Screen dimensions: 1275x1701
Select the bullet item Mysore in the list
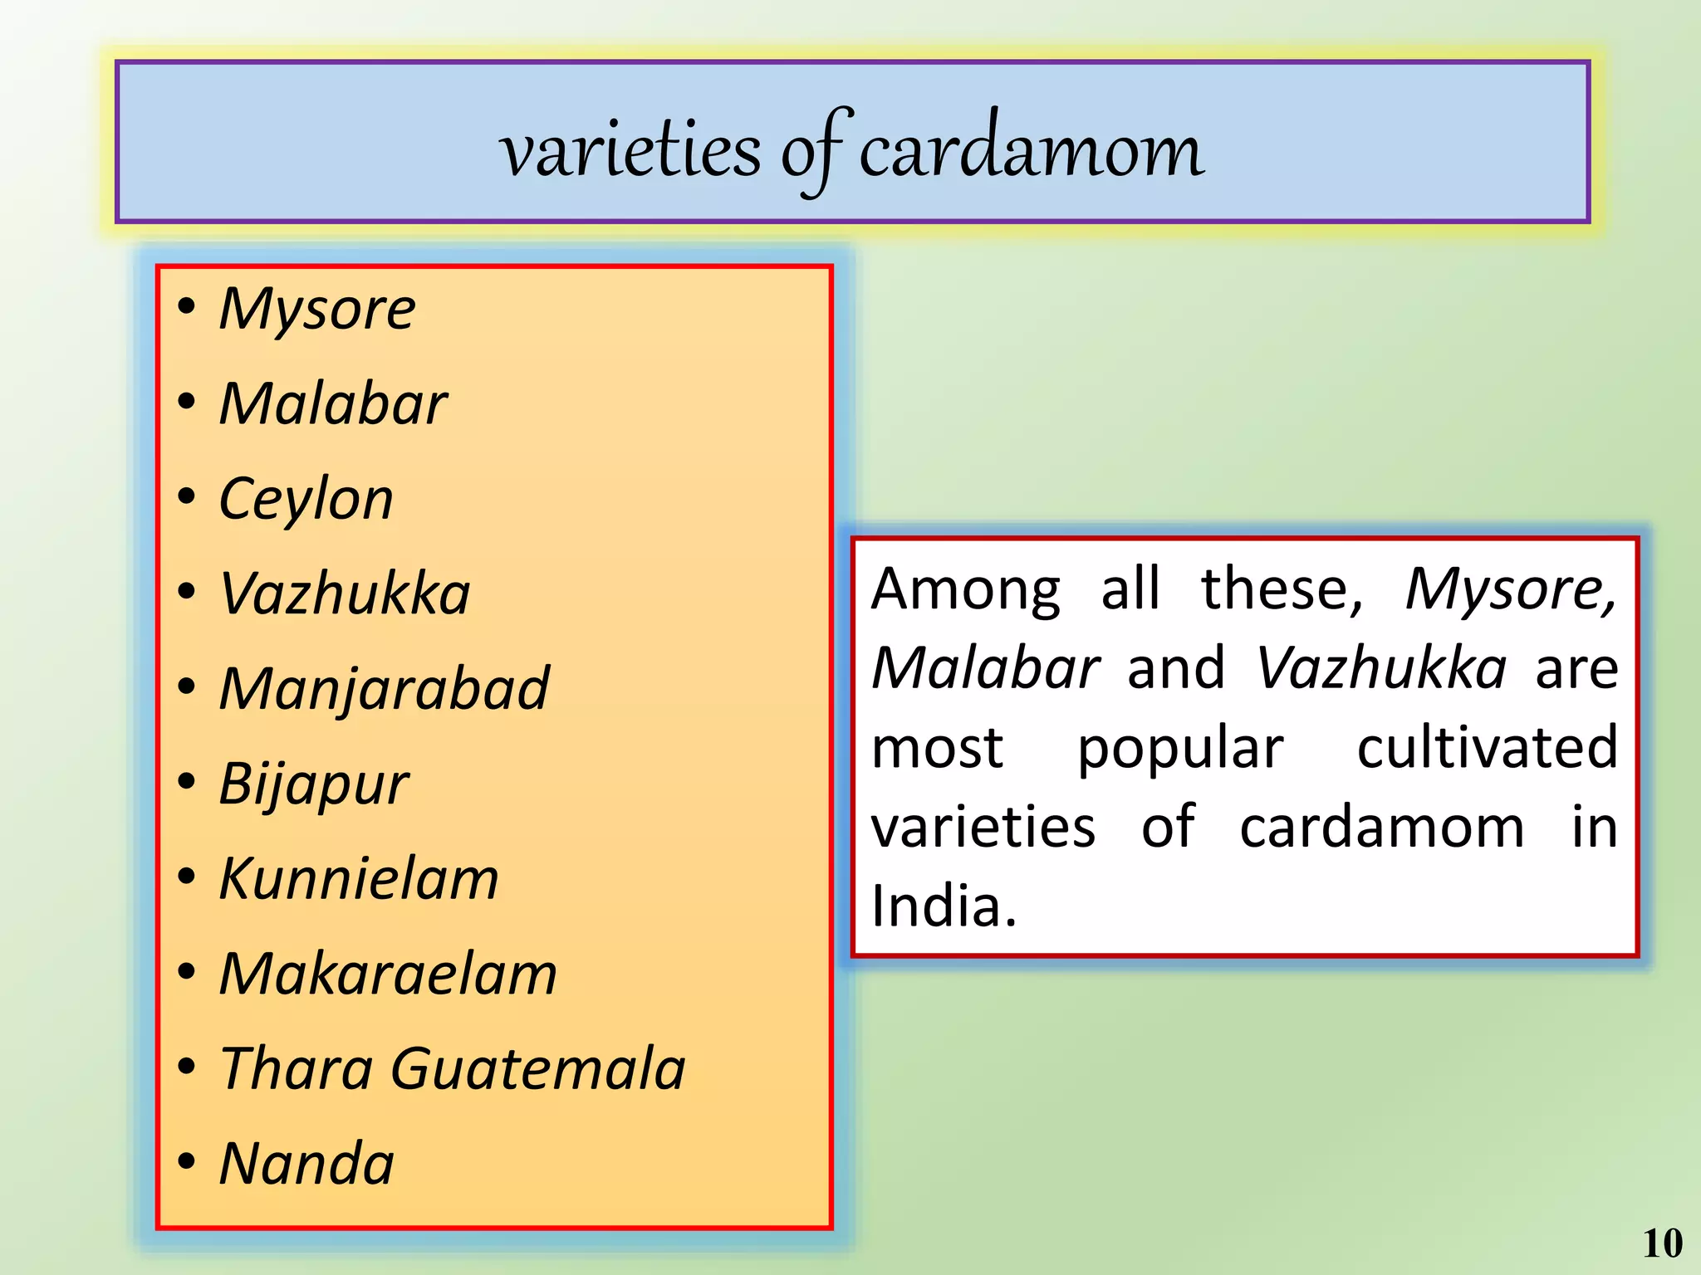click(x=317, y=309)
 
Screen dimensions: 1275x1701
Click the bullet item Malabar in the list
click(x=333, y=404)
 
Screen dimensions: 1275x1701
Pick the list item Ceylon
click(x=306, y=500)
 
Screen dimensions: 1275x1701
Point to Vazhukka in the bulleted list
click(x=345, y=594)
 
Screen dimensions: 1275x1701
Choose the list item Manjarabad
click(x=384, y=690)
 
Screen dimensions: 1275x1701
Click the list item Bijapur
click(x=314, y=784)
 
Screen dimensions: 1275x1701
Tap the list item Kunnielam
click(x=359, y=879)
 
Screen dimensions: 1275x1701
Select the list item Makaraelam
click(x=388, y=974)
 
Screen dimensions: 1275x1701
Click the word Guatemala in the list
click(x=538, y=1069)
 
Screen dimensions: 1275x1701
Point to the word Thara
click(x=297, y=1069)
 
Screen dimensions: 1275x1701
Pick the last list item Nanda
click(x=306, y=1164)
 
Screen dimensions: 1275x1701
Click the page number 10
click(x=1662, y=1243)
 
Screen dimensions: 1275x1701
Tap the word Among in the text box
click(x=966, y=589)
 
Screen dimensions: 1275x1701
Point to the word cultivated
click(x=1487, y=747)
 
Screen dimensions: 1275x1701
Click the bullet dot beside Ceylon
click(x=187, y=497)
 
